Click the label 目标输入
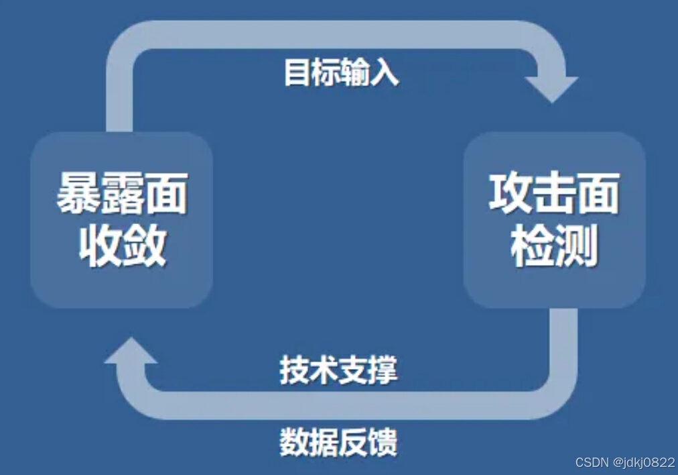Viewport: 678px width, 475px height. point(341,72)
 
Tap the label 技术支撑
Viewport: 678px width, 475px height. point(338,370)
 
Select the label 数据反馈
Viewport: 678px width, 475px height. point(338,442)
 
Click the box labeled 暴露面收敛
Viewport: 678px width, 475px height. point(122,220)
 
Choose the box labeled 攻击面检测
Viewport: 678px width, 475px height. point(554,220)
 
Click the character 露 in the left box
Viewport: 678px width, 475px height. point(122,193)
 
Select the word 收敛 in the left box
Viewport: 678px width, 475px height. point(122,246)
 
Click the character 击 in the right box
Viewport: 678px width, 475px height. point(554,193)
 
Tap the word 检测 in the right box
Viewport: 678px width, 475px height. point(554,246)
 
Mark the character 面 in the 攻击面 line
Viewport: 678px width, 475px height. point(598,193)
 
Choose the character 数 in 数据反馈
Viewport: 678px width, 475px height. point(293,442)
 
